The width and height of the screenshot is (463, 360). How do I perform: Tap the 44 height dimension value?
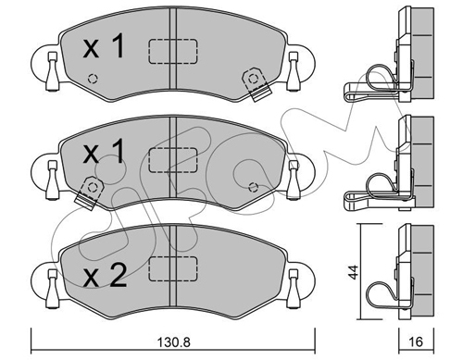pos(354,272)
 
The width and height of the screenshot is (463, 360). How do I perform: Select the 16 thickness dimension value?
pos(417,341)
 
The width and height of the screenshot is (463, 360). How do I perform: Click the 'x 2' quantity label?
pos(105,277)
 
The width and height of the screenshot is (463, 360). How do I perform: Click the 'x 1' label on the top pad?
pos(104,46)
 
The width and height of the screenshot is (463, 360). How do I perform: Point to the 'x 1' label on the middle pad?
pos(104,151)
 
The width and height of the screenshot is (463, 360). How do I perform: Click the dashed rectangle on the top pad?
pos(173,52)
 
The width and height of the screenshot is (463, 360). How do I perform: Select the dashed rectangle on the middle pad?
pos(173,160)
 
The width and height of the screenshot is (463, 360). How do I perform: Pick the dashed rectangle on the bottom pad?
pos(173,268)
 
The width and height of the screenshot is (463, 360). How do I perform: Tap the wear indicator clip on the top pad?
pos(256,84)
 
